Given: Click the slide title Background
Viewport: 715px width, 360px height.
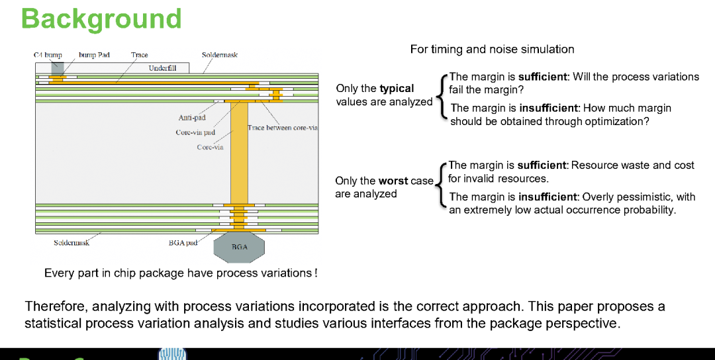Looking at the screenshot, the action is click(x=101, y=20).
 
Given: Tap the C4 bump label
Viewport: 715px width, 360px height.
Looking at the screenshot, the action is click(x=48, y=55).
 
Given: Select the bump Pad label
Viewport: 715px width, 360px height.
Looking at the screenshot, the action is click(x=95, y=55).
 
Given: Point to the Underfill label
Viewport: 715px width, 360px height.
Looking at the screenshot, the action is click(x=162, y=68).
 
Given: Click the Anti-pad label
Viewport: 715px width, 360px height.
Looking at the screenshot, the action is click(x=191, y=118).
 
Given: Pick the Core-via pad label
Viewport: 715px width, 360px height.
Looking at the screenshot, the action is click(x=195, y=132).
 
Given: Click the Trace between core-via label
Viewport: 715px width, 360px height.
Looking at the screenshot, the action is click(x=283, y=128).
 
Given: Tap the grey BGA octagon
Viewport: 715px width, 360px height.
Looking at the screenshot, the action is click(x=239, y=247).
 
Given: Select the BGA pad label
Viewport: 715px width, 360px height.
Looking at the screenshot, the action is click(x=183, y=243).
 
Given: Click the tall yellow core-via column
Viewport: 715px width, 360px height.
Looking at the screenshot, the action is click(x=239, y=153).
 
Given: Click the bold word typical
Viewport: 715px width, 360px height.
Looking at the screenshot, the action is click(x=397, y=89).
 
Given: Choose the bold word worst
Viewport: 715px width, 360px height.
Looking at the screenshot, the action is click(x=393, y=181).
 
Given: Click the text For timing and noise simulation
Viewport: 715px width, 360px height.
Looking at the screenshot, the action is click(x=492, y=49).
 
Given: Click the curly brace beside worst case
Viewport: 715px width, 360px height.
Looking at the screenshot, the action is click(x=439, y=185).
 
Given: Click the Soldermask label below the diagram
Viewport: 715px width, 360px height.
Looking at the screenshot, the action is click(x=71, y=243).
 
